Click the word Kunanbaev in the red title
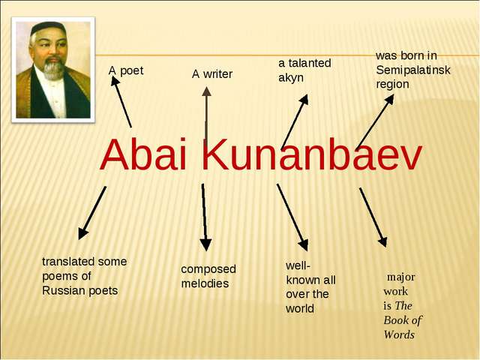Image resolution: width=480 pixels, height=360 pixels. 312,154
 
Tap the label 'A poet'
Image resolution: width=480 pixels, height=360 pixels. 126,70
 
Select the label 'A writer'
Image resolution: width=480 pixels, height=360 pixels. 212,74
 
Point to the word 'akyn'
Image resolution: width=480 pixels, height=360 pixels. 291,78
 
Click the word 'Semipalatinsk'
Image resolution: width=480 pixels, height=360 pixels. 413,70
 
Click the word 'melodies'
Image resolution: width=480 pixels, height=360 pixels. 205,283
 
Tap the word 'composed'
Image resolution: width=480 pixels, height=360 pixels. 208,269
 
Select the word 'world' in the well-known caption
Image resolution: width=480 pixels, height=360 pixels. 300,308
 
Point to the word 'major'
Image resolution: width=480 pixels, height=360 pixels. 401,277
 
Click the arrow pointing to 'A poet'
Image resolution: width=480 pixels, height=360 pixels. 121,102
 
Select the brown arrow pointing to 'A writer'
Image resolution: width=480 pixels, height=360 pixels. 206,114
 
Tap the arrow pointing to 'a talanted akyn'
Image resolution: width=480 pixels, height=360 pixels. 295,121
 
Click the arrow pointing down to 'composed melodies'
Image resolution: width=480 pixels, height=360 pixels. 205,217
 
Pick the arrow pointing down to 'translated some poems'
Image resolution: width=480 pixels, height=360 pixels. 92,213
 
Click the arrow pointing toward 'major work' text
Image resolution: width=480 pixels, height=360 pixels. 373,217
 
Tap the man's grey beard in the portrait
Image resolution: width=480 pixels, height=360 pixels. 53,69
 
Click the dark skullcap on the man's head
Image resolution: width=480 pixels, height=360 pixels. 47,27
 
